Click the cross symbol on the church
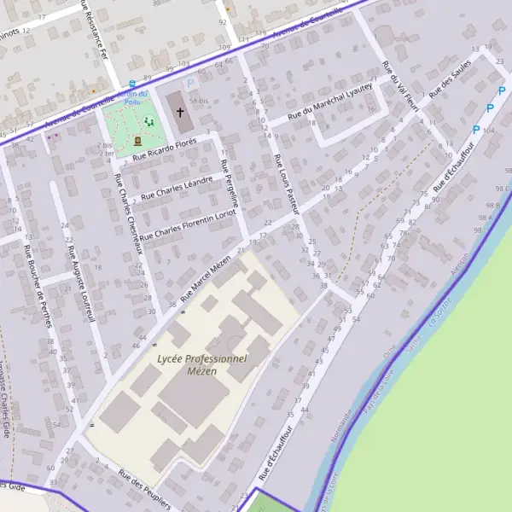(180, 112)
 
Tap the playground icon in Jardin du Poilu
(149, 123)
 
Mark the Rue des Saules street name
(451, 81)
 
